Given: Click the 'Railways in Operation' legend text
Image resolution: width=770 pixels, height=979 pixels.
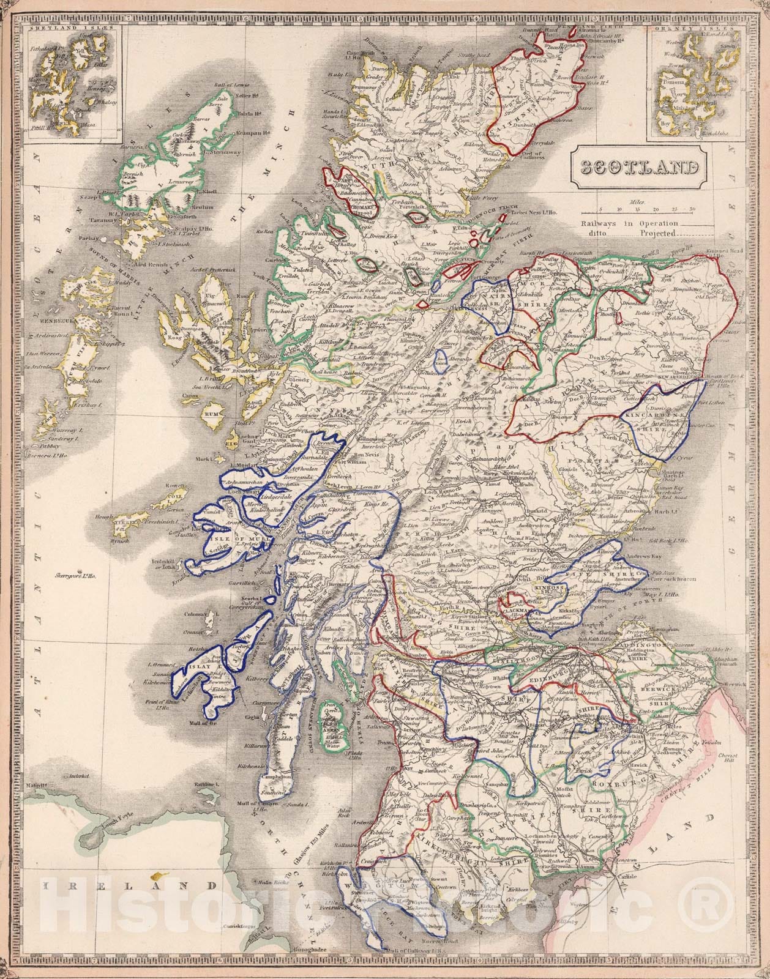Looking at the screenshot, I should point(630,223).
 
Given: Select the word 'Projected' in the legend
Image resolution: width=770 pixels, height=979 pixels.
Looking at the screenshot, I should point(659,233).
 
